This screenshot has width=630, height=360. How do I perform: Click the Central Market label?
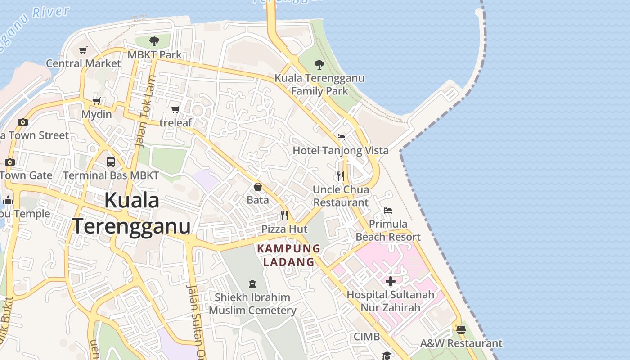point(84,63)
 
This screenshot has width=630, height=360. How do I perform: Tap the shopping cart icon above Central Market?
point(83,50)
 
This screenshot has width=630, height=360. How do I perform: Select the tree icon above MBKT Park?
point(154,41)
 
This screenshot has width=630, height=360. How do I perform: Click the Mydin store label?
point(97,114)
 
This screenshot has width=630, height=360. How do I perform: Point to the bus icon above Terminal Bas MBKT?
point(111,162)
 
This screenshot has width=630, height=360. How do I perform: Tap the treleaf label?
point(175,122)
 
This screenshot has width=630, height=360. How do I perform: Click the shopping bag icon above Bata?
point(258,187)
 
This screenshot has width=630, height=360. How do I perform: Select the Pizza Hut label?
point(284,229)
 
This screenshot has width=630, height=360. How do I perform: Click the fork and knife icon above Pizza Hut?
point(284,216)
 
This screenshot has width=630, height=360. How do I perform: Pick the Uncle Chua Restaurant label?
point(341,196)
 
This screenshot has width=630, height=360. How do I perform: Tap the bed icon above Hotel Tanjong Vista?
point(341,137)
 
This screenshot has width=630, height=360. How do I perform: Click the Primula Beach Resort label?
point(388,230)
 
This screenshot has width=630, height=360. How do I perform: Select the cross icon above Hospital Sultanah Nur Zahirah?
point(391,281)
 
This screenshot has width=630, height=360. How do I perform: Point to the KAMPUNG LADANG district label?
point(289,255)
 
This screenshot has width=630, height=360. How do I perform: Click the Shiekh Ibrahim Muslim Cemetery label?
point(252,304)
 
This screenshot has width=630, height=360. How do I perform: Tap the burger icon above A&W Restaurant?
point(461,330)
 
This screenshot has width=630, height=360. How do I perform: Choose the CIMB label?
point(367,337)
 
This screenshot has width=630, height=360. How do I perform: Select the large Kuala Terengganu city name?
point(132,213)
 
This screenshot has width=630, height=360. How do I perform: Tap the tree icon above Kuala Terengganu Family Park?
point(319,65)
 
